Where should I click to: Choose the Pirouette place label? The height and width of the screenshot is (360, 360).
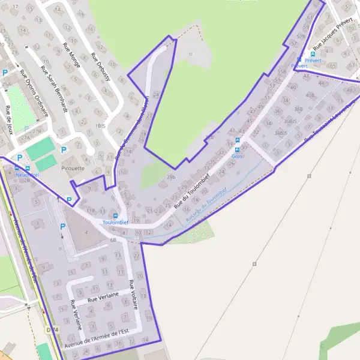[x=73, y=169]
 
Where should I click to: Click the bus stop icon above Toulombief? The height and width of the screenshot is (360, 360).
[x=116, y=216]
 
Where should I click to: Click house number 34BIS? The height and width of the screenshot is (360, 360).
[x=281, y=133]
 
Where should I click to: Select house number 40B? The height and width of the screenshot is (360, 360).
[x=310, y=95]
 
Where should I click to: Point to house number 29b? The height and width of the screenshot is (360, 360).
[x=171, y=177]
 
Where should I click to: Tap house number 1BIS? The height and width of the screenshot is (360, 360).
[x=100, y=126]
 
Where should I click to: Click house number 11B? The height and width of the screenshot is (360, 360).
[x=91, y=211]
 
